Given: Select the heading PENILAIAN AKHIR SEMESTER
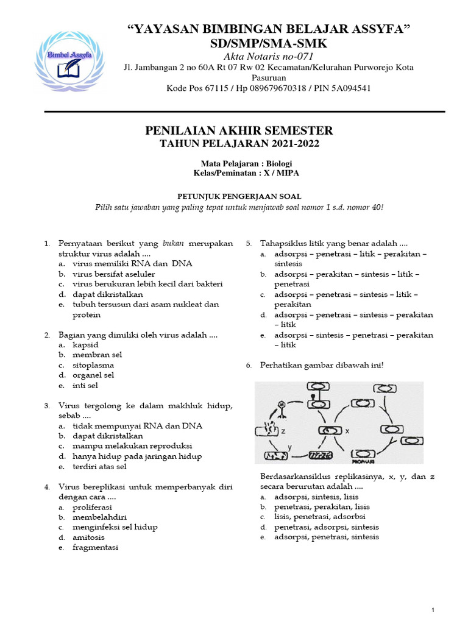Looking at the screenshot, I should click(x=239, y=130).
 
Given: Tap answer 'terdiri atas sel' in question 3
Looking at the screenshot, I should click(x=102, y=466).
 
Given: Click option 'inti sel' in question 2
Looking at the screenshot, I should click(x=85, y=385).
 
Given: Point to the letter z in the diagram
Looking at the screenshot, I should click(x=283, y=430).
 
